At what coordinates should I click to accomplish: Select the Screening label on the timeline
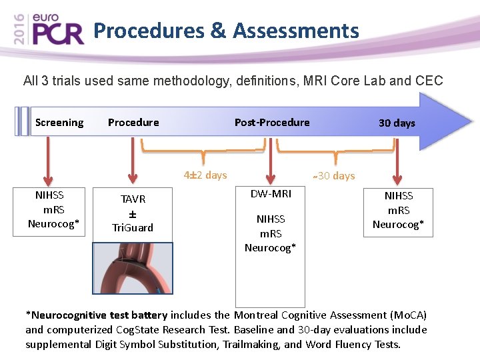tap(59, 123)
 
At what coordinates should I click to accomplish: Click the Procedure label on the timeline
tap(133, 123)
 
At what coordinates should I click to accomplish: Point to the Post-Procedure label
tap(272, 123)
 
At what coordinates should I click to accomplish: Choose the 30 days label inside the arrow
tap(397, 123)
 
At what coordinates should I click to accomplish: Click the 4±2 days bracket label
tap(205, 175)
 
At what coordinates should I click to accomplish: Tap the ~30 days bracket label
tap(333, 176)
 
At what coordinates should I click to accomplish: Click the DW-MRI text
tap(270, 193)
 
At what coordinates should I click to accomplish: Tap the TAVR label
tap(133, 199)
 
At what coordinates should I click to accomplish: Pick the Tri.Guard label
tap(133, 228)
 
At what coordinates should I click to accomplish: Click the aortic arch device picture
tap(133, 268)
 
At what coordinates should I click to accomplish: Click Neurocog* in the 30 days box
tap(398, 225)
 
